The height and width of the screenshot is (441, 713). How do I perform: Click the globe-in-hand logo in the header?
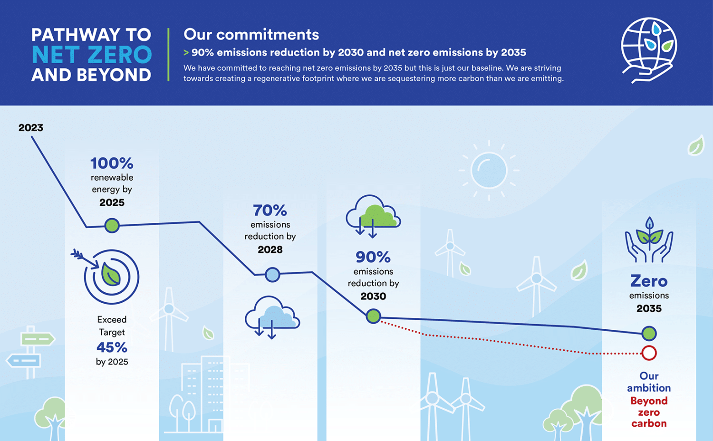pos(649,49)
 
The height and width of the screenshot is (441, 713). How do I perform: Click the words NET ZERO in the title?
pos(91,55)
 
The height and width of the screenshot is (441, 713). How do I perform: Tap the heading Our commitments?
pos(251,34)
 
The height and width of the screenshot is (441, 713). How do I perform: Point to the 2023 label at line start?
pos(30,127)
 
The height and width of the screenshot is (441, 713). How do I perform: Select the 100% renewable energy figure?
pos(112,163)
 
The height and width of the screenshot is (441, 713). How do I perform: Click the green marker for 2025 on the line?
pos(112,225)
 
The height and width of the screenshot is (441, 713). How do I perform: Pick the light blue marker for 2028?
pos(272,274)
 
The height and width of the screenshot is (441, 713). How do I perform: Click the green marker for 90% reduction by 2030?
pos(374,316)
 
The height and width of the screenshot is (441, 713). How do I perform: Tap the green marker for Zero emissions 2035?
pos(649,334)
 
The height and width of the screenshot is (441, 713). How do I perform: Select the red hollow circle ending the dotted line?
pos(649,353)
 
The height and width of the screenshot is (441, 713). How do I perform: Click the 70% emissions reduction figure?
pos(270,210)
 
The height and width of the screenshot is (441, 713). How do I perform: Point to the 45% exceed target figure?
pos(112,347)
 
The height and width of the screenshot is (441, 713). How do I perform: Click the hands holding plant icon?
pos(649,241)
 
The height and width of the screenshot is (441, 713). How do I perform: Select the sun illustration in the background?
pos(489,170)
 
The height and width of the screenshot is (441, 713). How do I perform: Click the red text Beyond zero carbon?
pos(649,412)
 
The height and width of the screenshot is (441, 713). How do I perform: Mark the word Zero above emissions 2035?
pos(649,281)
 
